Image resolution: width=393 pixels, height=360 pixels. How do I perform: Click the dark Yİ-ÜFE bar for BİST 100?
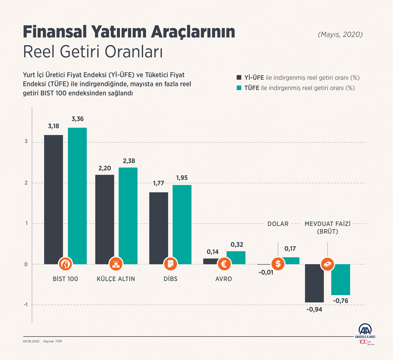[x=53, y=197]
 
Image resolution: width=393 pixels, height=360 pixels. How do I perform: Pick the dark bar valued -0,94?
[x=314, y=283]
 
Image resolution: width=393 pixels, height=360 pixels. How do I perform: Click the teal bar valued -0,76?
[x=341, y=279]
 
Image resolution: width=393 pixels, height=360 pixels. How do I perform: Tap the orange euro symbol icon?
[x=224, y=264]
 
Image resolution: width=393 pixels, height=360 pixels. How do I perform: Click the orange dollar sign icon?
[x=278, y=264]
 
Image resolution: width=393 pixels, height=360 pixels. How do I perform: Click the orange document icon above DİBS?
[x=170, y=264]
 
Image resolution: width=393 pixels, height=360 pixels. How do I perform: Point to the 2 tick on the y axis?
[x=26, y=183]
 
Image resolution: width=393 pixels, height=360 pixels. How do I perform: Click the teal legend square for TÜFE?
[x=239, y=88]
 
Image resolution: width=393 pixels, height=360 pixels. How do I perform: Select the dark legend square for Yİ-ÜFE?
[x=239, y=77]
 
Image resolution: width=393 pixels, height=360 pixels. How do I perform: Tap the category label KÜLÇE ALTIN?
[x=116, y=279]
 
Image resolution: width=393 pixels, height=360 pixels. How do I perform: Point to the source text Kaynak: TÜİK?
[x=50, y=341]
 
